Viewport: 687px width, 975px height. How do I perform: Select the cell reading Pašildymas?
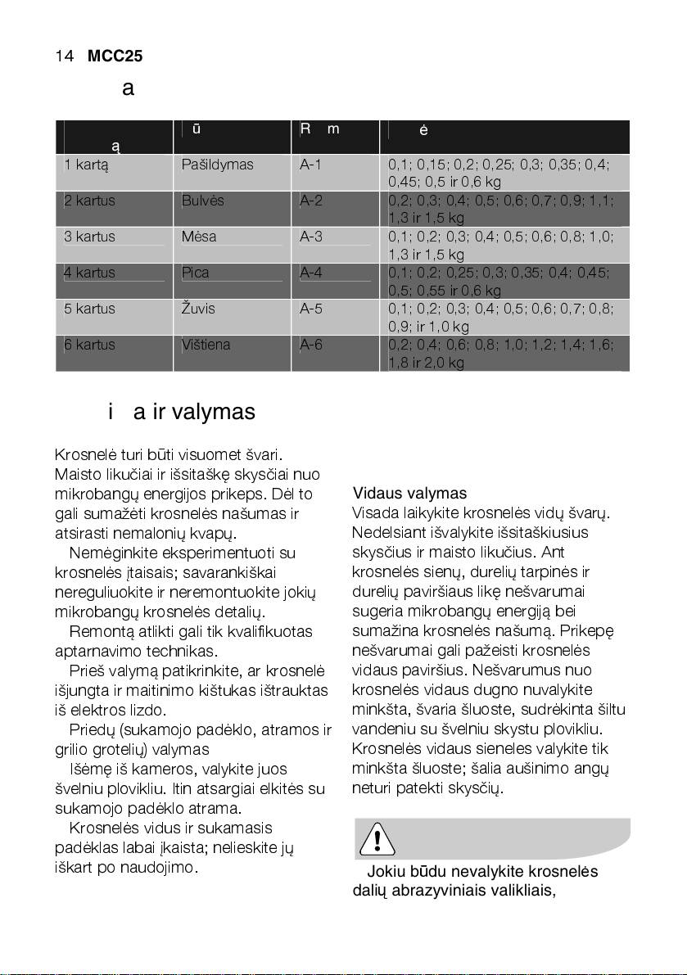pyautogui.click(x=217, y=165)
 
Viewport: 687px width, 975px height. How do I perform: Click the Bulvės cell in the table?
pyautogui.click(x=202, y=201)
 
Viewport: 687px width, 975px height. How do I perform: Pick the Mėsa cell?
pyautogui.click(x=199, y=237)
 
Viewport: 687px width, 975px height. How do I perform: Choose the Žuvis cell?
pyautogui.click(x=199, y=309)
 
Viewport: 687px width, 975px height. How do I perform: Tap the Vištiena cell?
pyautogui.click(x=206, y=345)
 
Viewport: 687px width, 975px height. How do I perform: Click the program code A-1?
pyautogui.click(x=311, y=165)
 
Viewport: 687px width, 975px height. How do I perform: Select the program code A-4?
pyautogui.click(x=311, y=273)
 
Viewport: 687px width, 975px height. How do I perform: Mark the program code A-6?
pyautogui.click(x=311, y=345)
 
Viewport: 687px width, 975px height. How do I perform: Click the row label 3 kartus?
pyautogui.click(x=90, y=237)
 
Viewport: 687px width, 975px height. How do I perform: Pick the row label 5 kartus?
pyautogui.click(x=90, y=309)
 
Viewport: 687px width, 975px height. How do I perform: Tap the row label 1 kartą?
pyautogui.click(x=88, y=165)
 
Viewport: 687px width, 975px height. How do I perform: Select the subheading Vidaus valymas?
pyautogui.click(x=409, y=494)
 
